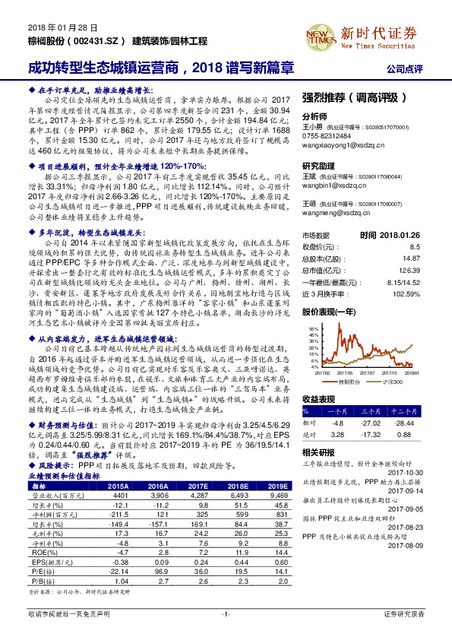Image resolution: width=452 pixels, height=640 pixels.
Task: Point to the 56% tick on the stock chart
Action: pyautogui.click(x=313, y=330)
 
